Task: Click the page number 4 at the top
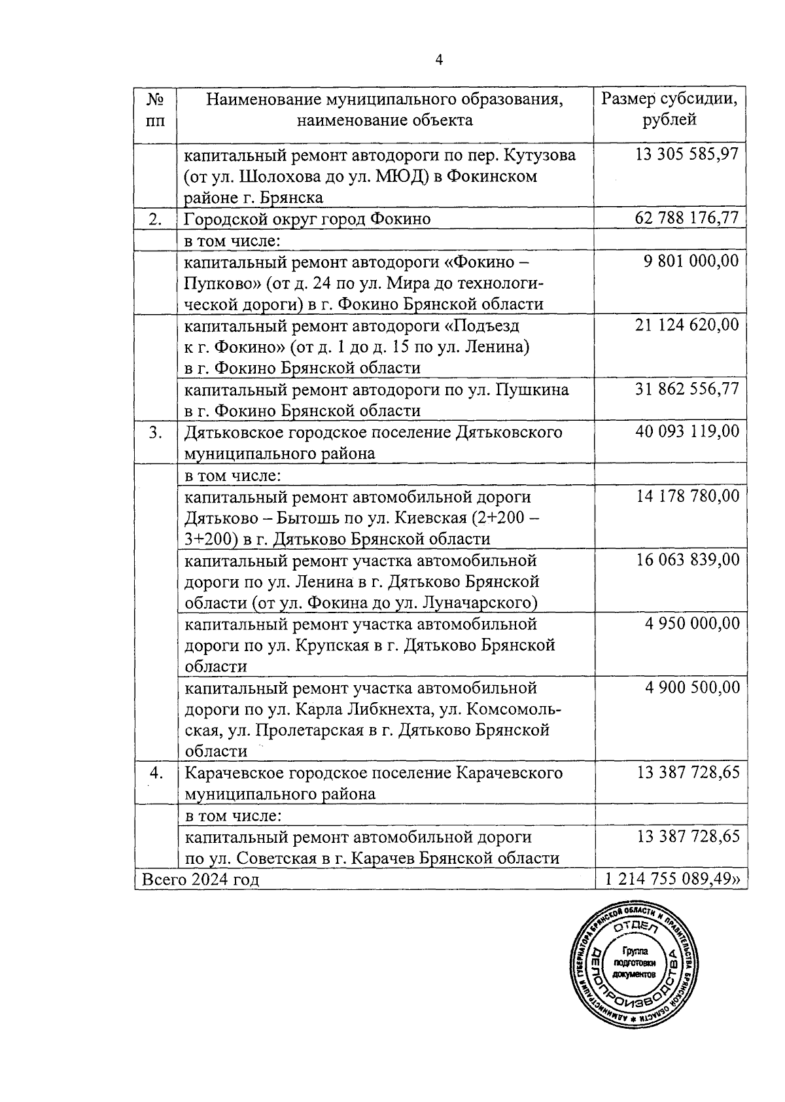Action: [439, 60]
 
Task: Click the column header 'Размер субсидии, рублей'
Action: [670, 109]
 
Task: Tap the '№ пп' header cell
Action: [155, 109]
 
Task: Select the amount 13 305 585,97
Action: [686, 154]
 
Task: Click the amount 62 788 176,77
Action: [686, 217]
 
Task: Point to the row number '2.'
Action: [155, 219]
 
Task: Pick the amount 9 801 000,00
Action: [691, 261]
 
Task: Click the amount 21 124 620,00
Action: [686, 325]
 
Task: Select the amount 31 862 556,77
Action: [686, 389]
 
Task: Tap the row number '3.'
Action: [155, 433]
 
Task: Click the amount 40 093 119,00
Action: [686, 431]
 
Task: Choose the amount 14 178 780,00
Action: [688, 496]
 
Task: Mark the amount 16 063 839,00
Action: [688, 560]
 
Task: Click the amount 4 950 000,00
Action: [692, 623]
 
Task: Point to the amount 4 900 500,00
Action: [692, 687]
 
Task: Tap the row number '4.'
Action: [156, 773]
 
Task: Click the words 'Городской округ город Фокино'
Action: [307, 219]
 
